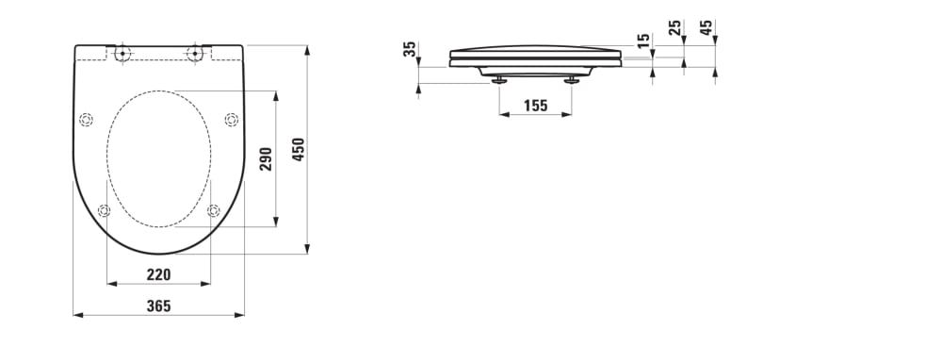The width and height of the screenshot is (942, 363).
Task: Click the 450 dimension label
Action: pyautogui.click(x=300, y=150)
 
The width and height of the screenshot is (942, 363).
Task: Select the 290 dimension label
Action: pyautogui.click(x=267, y=159)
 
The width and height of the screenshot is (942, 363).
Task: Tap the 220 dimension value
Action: pyautogui.click(x=158, y=274)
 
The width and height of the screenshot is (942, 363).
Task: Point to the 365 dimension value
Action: pyautogui.click(x=158, y=305)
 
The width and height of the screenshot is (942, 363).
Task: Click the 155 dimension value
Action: pyautogui.click(x=535, y=106)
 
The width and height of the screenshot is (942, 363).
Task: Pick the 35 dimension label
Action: pyautogui.click(x=410, y=49)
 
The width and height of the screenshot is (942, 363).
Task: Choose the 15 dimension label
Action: pyautogui.click(x=643, y=41)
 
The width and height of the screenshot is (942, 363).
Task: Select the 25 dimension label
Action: pyautogui.click(x=674, y=27)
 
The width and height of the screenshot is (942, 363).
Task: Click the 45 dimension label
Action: pyautogui.click(x=706, y=27)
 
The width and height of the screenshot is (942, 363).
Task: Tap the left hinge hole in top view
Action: pyautogui.click(x=122, y=53)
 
